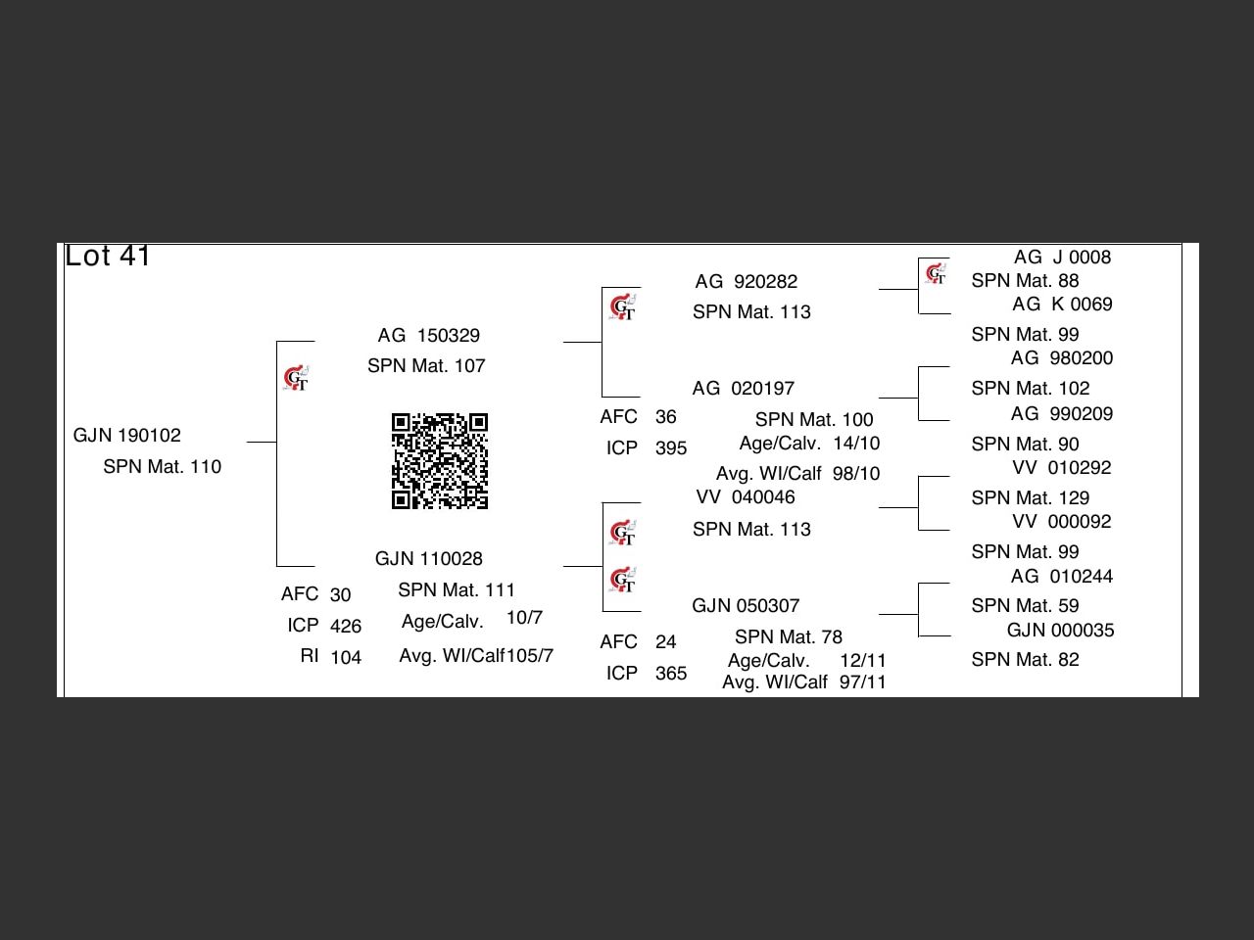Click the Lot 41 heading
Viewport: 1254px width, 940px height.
point(108,257)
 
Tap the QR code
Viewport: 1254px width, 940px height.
point(440,461)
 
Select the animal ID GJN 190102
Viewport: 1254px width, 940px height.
point(127,436)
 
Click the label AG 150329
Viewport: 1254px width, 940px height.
point(428,336)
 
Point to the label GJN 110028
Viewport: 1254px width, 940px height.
point(428,559)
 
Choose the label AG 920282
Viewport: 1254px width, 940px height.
point(746,282)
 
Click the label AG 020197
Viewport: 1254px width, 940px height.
point(743,389)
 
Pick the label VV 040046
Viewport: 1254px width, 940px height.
point(745,497)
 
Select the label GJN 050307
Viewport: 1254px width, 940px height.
point(745,606)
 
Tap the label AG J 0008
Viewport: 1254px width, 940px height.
point(1062,258)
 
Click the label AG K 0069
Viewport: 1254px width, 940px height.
point(1062,305)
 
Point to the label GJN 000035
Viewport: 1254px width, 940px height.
point(1060,631)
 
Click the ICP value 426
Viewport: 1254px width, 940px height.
point(345,627)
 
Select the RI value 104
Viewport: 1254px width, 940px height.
point(345,658)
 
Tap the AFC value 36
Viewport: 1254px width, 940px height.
point(665,417)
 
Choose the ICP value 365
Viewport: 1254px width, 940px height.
point(670,674)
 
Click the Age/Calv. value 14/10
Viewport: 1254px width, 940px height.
point(856,444)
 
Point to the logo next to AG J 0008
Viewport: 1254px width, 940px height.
point(936,273)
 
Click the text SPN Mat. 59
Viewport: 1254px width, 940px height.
point(1025,606)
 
